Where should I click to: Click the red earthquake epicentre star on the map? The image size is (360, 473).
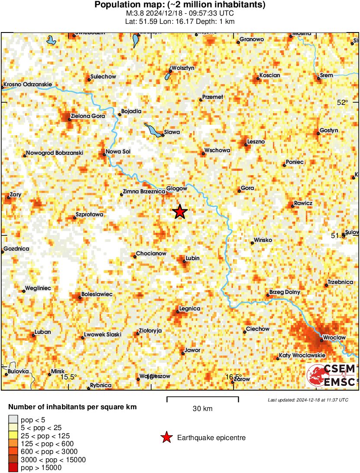pos(180,212)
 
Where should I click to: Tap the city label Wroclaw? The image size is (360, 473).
pos(334,337)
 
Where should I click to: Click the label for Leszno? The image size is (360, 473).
pos(256,142)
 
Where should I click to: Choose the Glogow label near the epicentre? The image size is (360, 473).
pos(177,188)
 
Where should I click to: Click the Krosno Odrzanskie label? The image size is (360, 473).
pos(28,84)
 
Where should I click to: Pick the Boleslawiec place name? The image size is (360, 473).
pos(97,294)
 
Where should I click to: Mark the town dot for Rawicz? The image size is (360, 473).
pos(293,206)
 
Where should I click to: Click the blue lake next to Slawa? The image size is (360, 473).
pos(152,129)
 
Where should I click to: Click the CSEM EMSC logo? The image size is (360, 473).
pos(331,375)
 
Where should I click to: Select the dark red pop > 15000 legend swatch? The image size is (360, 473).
pos(13,468)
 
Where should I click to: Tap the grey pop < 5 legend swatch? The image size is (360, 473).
pos(13,419)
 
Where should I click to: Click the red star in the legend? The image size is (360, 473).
pos(166,438)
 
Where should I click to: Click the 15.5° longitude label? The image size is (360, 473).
pos(68,376)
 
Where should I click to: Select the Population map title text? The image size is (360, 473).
pos(180,5)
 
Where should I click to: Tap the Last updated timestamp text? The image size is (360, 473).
pos(308,400)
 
